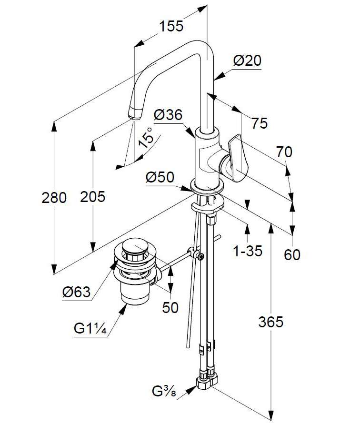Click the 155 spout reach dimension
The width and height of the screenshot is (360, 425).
(171, 26)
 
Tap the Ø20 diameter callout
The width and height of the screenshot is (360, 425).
(247, 61)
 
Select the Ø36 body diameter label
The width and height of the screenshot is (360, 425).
(168, 115)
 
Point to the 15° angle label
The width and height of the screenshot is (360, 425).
(146, 137)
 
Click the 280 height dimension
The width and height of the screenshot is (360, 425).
(54, 198)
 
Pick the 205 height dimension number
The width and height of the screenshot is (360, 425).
(93, 196)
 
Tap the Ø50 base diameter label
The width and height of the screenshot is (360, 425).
(160, 178)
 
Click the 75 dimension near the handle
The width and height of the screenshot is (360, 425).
(260, 123)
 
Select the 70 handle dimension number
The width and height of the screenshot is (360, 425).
(284, 152)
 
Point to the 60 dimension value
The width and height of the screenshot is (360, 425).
(292, 255)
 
